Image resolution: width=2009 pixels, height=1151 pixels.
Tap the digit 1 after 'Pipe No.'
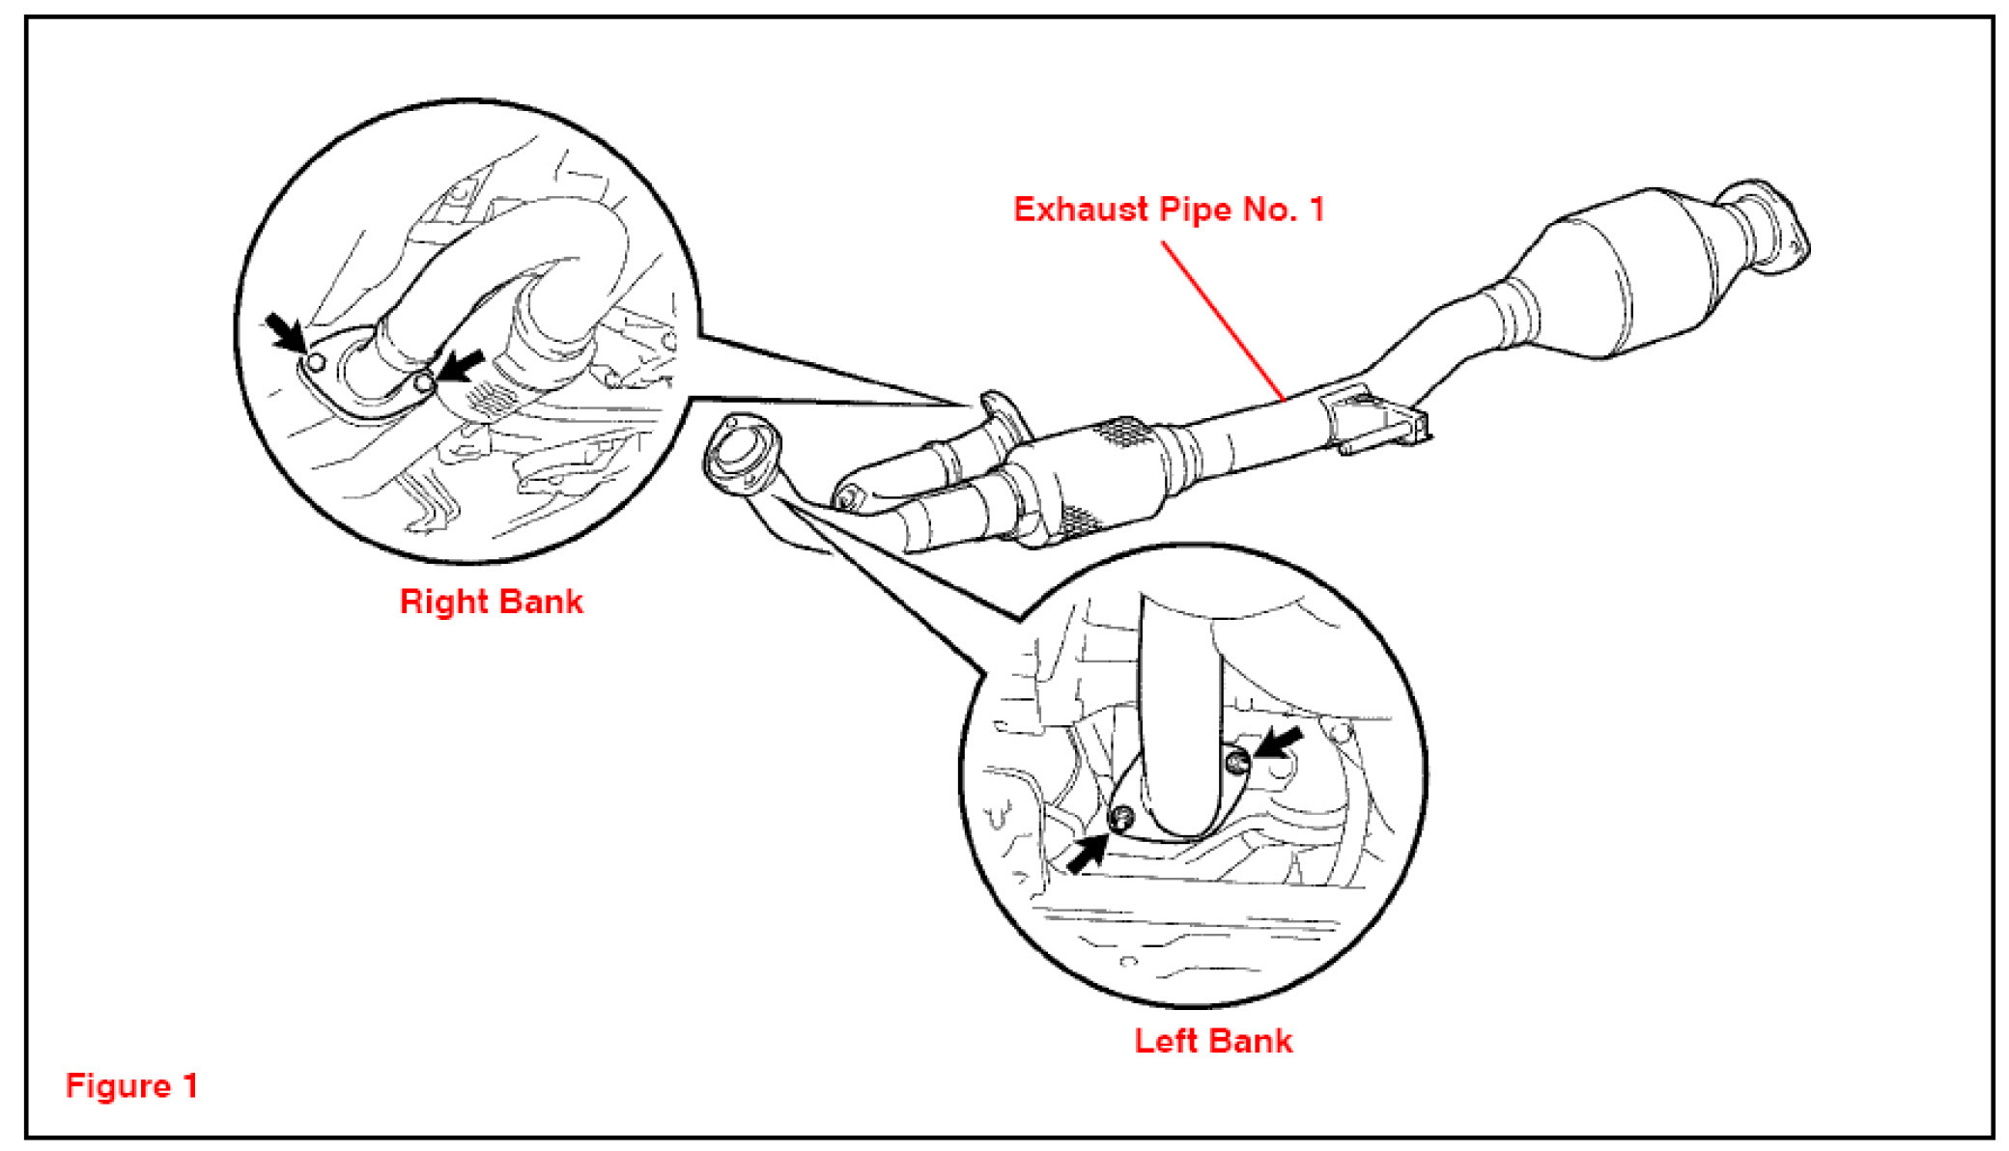[1316, 210]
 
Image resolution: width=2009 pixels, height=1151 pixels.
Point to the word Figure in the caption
[118, 1086]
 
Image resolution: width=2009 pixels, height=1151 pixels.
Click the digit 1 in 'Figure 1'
[190, 1085]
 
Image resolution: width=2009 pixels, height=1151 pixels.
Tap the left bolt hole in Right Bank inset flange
[315, 363]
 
